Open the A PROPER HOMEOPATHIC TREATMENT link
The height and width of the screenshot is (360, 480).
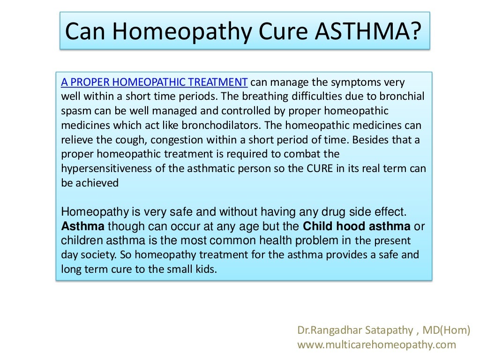point(154,82)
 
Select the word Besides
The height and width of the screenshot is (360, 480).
point(372,140)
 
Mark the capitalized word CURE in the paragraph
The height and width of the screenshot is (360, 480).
point(320,169)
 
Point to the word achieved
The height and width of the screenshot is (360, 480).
point(97,183)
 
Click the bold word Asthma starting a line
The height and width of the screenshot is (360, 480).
point(83,227)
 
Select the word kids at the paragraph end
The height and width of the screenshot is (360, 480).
point(204,270)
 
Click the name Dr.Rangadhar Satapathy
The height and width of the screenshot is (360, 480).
point(355,330)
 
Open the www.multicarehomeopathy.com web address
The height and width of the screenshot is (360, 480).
point(376,345)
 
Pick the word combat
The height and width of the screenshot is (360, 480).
point(297,154)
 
